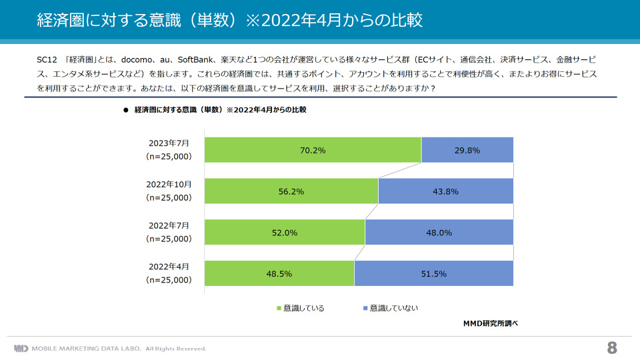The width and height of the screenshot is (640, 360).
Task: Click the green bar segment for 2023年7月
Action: [x=313, y=150]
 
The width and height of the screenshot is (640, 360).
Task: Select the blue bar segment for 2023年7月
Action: [x=467, y=150]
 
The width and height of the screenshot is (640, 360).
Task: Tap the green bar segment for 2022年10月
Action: [x=291, y=191]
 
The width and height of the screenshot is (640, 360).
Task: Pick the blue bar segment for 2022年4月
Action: [x=434, y=273]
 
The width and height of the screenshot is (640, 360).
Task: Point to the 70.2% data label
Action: [x=313, y=151]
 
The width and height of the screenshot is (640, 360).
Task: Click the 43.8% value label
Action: [x=445, y=191]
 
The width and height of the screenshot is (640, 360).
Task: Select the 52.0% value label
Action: [x=285, y=233]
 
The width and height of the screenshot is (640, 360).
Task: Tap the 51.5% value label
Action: [x=433, y=274]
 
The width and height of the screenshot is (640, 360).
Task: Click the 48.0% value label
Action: [x=439, y=233]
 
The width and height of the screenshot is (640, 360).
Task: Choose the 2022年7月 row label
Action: [x=169, y=232]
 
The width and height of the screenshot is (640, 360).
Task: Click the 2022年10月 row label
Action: [x=169, y=191]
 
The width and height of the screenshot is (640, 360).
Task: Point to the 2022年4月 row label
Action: [x=169, y=273]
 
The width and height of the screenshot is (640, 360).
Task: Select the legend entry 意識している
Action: [x=301, y=308]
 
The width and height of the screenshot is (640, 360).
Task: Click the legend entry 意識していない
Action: [x=391, y=308]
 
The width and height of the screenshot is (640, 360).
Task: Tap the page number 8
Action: [x=612, y=348]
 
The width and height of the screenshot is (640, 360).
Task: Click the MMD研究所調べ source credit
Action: [x=490, y=323]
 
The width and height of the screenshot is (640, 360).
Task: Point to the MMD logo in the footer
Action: [x=21, y=349]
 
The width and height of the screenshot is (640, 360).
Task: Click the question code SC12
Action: [x=47, y=59]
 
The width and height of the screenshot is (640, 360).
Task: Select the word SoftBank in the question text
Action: [x=195, y=59]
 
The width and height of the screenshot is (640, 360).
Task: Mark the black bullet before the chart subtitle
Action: [x=126, y=110]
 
